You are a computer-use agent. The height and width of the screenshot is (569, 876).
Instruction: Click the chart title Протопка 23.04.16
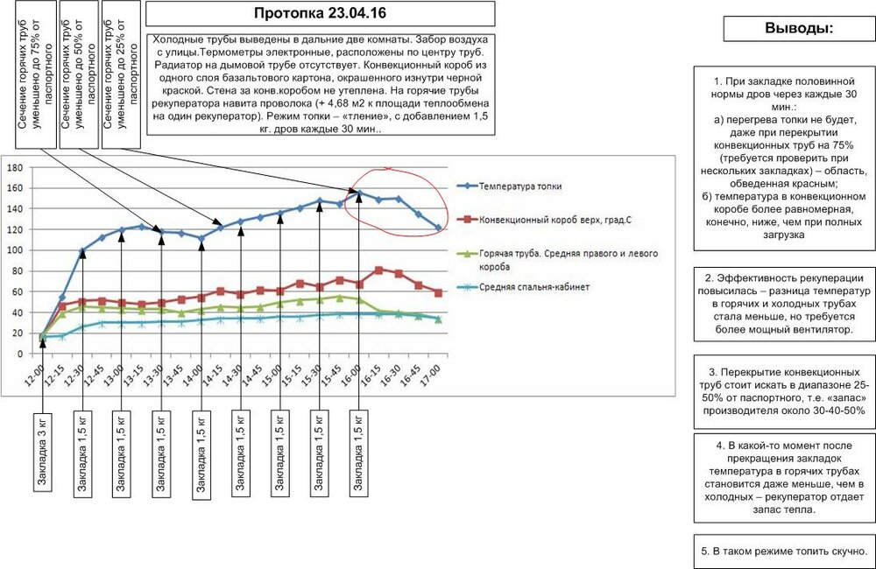tap(320, 13)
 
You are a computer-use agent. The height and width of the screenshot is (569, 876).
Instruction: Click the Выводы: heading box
tap(799, 28)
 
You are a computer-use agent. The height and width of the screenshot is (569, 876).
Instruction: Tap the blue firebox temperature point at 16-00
tap(359, 193)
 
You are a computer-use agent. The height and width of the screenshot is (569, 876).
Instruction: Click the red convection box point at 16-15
tap(378, 270)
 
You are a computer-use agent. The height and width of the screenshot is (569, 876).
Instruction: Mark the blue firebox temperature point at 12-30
tap(82, 250)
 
